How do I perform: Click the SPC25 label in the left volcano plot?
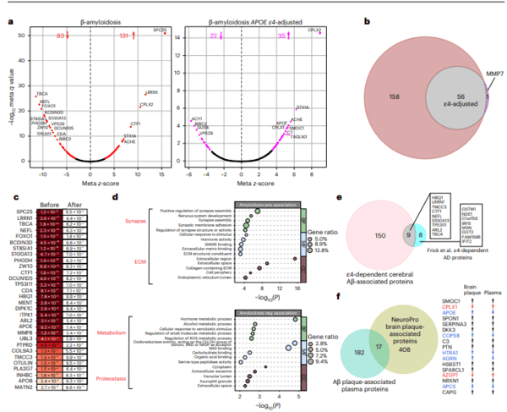pos(159,30)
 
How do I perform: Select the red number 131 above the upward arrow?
pos(125,36)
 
